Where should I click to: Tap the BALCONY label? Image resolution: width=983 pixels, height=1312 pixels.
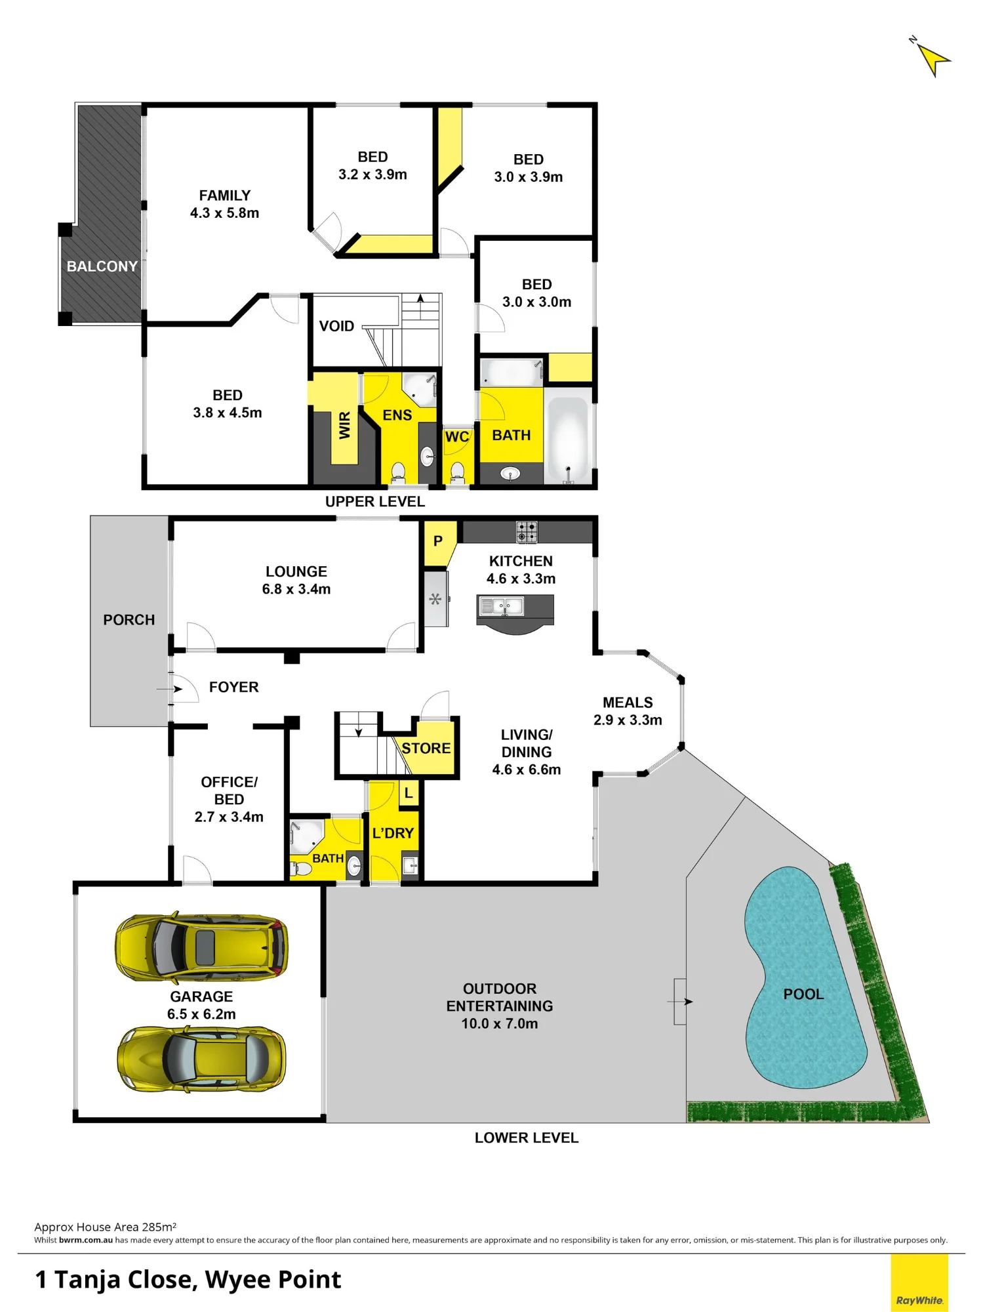pos(102,266)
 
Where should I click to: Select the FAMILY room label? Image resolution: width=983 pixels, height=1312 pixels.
pos(224,195)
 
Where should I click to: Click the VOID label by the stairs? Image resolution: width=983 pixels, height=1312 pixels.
pos(336,326)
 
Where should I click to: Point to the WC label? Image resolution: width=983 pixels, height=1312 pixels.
pos(457,437)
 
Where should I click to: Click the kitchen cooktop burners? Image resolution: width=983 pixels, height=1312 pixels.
pos(527,531)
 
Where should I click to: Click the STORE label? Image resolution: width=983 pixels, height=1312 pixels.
pos(426,748)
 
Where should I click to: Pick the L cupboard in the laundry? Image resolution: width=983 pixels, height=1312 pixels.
pos(409,793)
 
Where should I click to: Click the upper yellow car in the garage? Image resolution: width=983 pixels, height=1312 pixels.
pos(201,947)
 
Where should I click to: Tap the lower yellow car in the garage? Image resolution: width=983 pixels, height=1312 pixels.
pos(201,1059)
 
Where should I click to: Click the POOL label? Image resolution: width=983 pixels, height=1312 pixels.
pos(803,994)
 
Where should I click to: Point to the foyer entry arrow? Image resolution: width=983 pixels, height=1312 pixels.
pos(169,689)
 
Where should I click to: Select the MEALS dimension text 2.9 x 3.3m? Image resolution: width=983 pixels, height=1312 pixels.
pos(628,720)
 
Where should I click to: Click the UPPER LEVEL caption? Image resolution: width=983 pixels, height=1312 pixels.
pos(375,501)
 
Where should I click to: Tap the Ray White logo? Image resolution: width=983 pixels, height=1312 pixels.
pos(919,1282)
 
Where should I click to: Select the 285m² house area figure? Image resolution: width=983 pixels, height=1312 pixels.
pos(159,1227)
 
